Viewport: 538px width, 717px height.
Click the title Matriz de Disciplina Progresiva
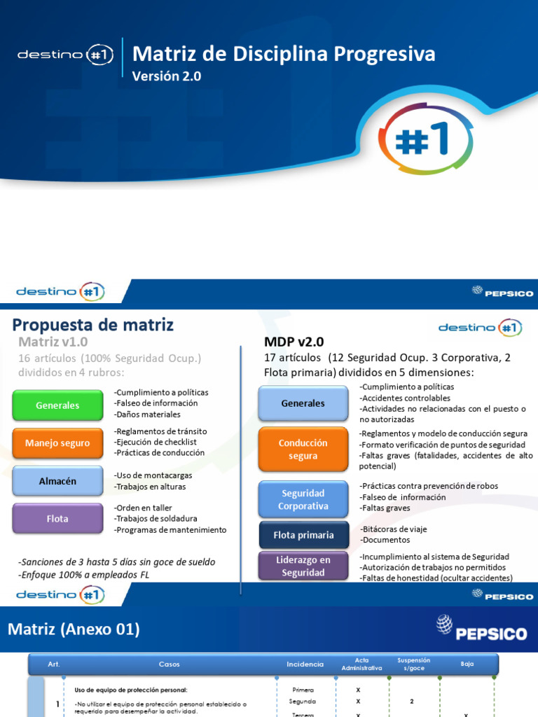284,54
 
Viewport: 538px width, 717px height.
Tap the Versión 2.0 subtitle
167,77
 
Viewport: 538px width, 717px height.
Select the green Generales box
57,405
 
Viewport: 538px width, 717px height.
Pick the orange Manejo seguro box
57,443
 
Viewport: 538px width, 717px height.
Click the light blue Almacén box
57,481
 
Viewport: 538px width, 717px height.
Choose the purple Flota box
57,519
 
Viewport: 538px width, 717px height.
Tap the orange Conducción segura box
303,450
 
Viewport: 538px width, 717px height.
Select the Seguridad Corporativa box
303,499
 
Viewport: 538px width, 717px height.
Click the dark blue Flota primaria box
303,535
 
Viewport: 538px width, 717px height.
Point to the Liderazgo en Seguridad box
303,566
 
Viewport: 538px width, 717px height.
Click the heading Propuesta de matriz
93,325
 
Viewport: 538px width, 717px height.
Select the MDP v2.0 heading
294,342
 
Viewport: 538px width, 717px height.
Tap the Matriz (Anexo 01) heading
74,629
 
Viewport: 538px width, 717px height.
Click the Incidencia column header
305,664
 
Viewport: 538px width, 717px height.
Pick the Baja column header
467,664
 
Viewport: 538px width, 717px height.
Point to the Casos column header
169,664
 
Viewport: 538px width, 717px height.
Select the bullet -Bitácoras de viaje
393,529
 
